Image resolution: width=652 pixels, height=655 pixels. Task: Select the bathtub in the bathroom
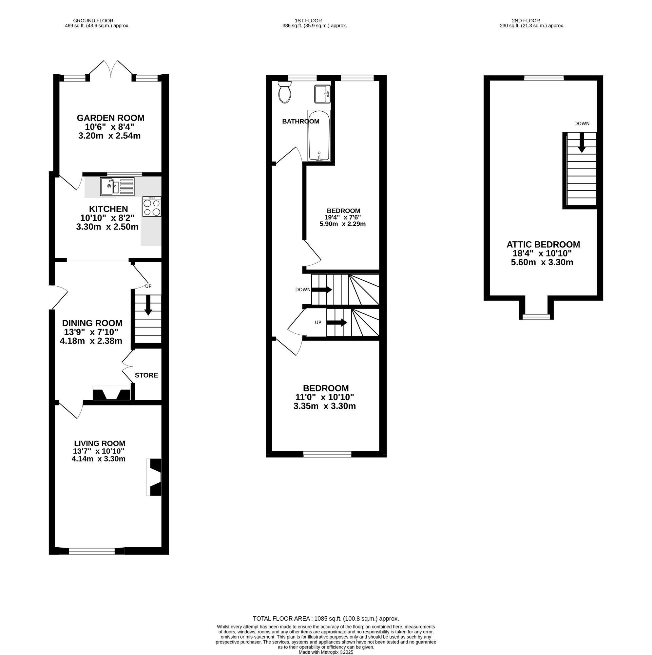[x=319, y=136]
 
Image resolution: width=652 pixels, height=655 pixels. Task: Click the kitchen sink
[x=117, y=186]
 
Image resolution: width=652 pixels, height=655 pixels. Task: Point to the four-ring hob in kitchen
[x=152, y=206]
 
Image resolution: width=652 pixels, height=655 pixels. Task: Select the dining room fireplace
[x=111, y=393]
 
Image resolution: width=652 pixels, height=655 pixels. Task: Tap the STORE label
[x=146, y=375]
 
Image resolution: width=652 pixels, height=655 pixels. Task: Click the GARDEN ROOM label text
[x=111, y=118]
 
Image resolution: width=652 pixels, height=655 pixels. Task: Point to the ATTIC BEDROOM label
[x=543, y=244]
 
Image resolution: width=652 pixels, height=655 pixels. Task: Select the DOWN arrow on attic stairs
[x=582, y=142]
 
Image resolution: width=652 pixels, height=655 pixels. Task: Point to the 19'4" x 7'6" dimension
[x=343, y=217]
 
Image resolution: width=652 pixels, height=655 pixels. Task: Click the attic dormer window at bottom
[x=536, y=317]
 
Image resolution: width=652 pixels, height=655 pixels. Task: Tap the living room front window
[x=92, y=552]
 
